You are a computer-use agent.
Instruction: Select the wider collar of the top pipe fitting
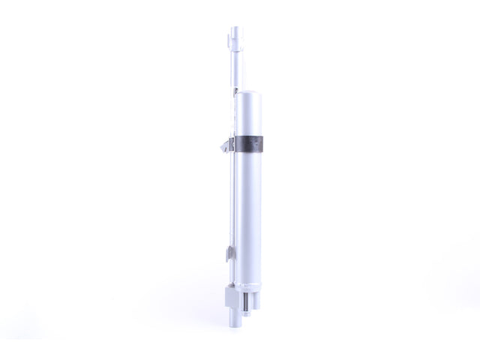tap(237, 47)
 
